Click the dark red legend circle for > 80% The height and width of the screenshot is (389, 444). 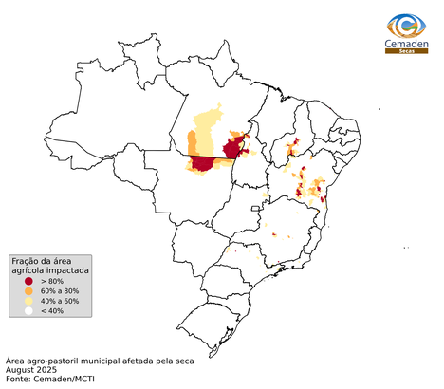click(x=28, y=282)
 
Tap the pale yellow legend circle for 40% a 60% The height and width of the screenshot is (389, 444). click(x=28, y=301)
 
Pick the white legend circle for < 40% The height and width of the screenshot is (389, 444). click(x=28, y=310)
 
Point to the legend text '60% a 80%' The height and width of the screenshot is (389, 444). click(x=62, y=291)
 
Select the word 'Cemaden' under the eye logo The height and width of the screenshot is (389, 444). click(x=405, y=43)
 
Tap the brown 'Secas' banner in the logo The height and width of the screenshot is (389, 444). click(x=405, y=51)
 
